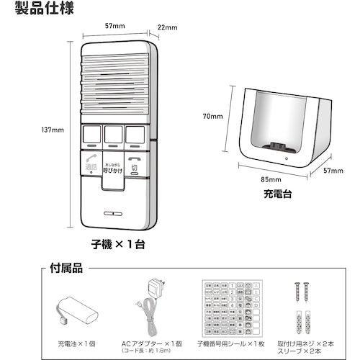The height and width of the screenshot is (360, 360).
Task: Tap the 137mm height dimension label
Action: click(51, 130)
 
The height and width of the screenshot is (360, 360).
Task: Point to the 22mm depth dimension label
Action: click(167, 28)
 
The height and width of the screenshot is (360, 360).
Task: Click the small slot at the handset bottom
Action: click(114, 214)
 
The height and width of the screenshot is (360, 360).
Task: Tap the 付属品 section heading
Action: click(68, 268)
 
